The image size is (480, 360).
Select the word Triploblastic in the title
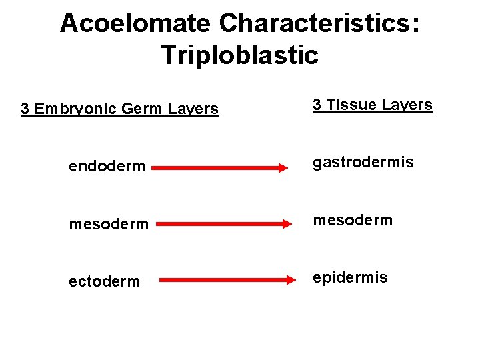coord(239,55)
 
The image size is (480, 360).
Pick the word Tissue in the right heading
coord(354,105)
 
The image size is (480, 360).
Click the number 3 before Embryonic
coord(25,109)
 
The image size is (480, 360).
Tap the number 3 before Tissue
coord(317,105)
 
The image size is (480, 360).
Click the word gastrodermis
coord(363,162)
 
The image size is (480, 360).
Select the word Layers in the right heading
coord(407,105)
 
